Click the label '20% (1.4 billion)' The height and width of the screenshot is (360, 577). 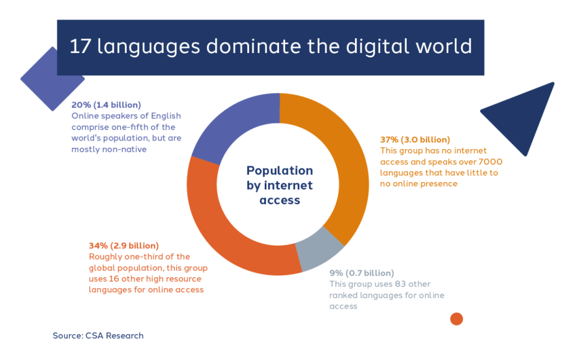[x=106, y=105]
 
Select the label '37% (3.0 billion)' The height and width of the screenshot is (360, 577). [x=415, y=140]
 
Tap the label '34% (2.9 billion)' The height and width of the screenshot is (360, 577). [x=123, y=246]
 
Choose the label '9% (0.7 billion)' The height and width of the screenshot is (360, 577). [x=361, y=273]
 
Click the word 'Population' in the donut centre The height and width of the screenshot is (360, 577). [x=279, y=171]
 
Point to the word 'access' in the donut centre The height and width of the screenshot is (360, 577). [x=279, y=200]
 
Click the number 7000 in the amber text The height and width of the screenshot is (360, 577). [x=491, y=162]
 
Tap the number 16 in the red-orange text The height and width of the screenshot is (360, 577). [x=114, y=279]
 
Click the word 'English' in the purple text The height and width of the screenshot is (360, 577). [x=167, y=116]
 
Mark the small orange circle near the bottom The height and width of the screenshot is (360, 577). [x=456, y=319]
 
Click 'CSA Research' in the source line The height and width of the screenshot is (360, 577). [x=114, y=336]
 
